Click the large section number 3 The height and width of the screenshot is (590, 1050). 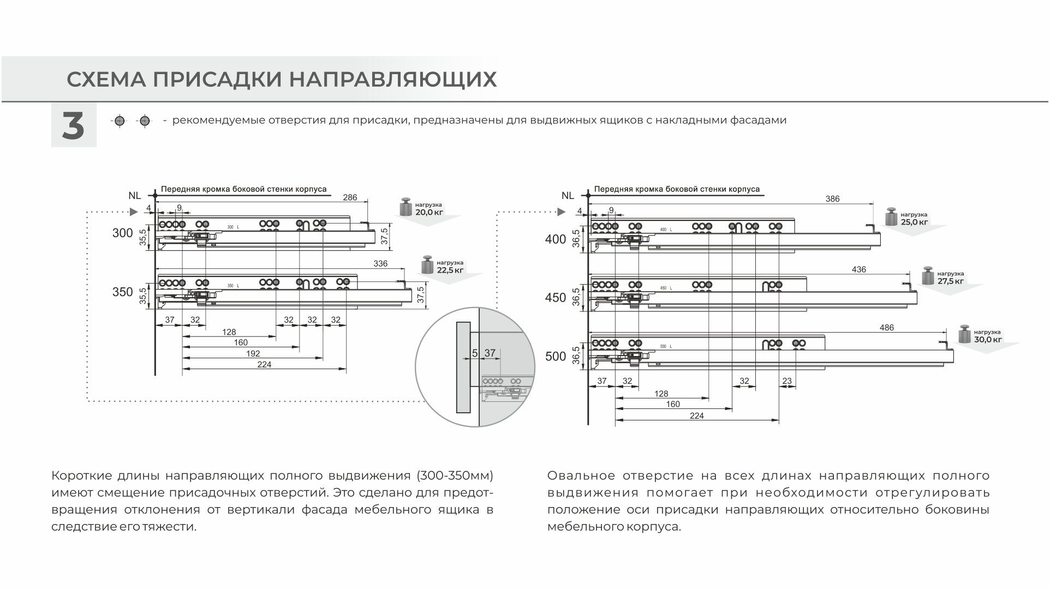point(73,126)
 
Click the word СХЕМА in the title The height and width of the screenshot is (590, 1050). point(106,80)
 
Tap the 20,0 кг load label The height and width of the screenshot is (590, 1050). point(429,212)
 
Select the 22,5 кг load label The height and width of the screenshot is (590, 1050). point(450,270)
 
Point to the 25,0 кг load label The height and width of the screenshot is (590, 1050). point(914,222)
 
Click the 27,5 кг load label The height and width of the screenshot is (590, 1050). point(950,281)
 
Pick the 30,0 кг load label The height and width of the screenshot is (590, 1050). point(988,340)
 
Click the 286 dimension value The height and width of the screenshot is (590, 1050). point(350,197)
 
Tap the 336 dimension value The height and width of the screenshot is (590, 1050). point(380,264)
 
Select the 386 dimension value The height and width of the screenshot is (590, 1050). point(832,199)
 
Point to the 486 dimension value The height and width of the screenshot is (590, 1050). point(887,328)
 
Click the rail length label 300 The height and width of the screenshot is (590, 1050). point(123,233)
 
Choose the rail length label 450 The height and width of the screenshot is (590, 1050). point(556,298)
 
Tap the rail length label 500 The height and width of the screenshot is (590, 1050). point(556,357)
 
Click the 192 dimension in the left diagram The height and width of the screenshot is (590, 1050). point(253,353)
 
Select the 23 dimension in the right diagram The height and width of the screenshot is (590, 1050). point(786,381)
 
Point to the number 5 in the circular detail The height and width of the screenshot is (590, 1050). point(475,353)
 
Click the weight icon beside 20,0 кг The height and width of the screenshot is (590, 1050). point(405,207)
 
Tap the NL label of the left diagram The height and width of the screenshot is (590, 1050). point(135,195)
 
